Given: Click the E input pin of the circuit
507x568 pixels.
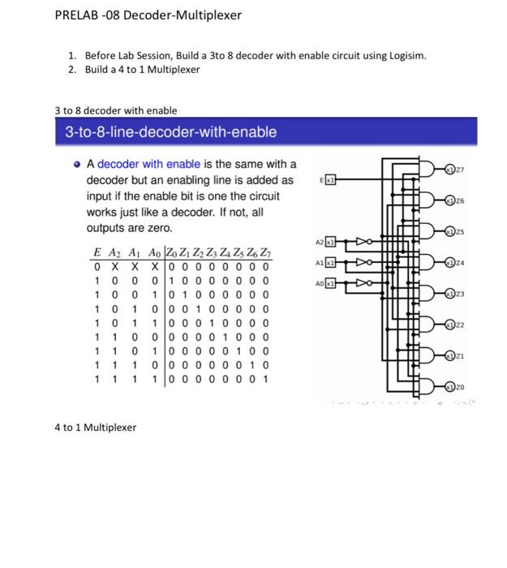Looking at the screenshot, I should point(330,178).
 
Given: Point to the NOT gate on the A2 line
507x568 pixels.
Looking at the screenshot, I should point(364,242).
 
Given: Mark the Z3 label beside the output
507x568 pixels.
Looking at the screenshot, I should point(463,293).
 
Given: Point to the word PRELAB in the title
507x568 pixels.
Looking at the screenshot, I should point(77,15).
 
